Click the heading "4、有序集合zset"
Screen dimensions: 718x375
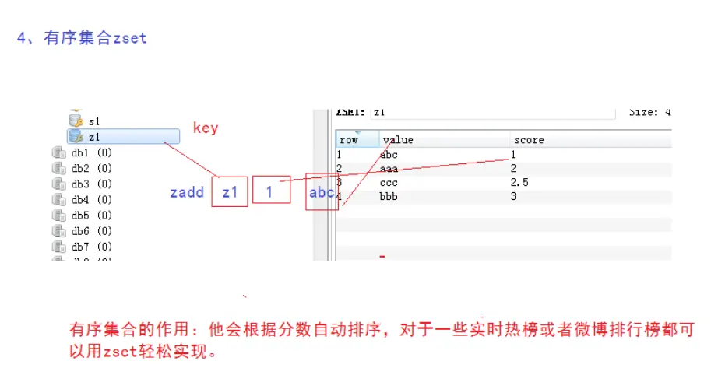tap(82, 38)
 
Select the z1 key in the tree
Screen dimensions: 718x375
tap(94, 137)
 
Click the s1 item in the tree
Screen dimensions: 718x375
tap(94, 121)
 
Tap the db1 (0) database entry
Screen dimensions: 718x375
tap(91, 153)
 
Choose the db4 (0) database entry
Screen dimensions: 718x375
tap(91, 200)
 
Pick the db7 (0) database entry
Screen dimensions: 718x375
tap(91, 247)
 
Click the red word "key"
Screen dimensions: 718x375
tap(206, 128)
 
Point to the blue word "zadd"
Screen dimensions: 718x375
tap(187, 192)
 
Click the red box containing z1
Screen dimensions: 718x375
tap(229, 192)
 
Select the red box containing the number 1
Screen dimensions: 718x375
tap(269, 192)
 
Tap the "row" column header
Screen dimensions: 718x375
tap(348, 140)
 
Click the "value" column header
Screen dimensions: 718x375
tap(398, 140)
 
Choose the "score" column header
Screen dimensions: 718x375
tap(528, 140)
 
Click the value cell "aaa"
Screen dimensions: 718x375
tap(389, 169)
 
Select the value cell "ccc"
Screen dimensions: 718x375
tap(389, 183)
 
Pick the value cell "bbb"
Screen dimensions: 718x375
tap(389, 197)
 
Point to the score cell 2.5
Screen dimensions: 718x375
tap(519, 183)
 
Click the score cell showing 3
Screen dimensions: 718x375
tap(514, 197)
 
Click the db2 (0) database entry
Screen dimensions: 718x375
tap(91, 169)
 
